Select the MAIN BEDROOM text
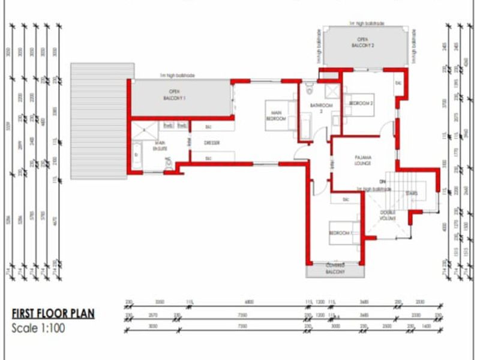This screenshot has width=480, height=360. (277, 115)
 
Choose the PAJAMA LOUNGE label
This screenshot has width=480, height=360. (362, 161)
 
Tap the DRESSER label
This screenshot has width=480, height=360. (211, 143)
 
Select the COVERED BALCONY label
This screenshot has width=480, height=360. (335, 268)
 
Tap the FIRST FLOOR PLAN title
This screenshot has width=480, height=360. (53, 313)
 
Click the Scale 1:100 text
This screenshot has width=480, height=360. (38, 328)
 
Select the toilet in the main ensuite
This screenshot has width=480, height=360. (170, 163)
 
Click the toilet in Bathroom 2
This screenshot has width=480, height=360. (308, 91)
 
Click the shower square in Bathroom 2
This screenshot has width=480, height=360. (331, 91)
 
